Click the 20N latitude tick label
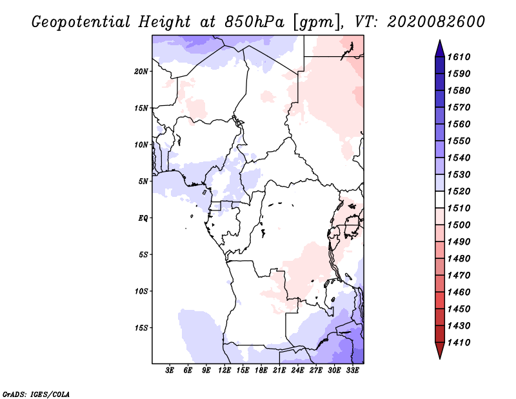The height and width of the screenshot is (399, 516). tap(141, 72)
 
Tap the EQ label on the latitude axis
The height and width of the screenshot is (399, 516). tap(143, 218)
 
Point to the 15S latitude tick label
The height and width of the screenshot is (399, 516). tap(141, 328)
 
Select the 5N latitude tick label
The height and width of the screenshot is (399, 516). tap(143, 181)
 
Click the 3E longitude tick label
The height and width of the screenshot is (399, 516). tap(170, 371)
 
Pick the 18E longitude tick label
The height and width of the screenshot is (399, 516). tap(261, 371)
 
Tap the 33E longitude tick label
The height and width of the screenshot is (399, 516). tap(352, 371)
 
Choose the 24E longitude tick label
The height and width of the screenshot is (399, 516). tap(297, 371)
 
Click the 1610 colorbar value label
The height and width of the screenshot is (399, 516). tap(459, 57)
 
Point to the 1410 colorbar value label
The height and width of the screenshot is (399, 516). tap(459, 343)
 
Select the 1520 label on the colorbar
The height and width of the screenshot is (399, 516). tap(459, 191)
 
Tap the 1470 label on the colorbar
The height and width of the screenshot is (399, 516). tap(459, 276)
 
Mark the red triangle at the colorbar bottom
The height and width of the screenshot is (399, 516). tap(440, 349)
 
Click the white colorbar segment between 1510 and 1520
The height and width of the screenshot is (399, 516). tap(440, 200)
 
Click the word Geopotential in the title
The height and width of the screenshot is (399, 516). tap(81, 23)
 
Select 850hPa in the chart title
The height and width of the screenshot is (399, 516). tap(254, 22)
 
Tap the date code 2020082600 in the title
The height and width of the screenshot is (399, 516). tap(436, 22)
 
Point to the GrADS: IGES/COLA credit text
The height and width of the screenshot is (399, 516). tap(36, 394)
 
